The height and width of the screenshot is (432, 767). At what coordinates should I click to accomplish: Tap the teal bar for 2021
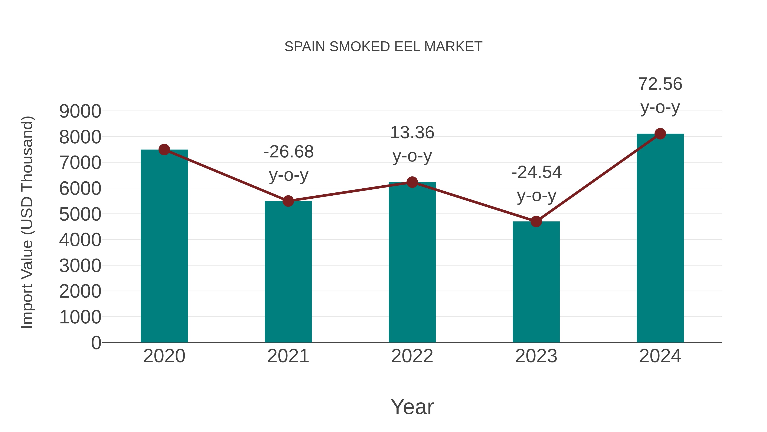click(x=288, y=271)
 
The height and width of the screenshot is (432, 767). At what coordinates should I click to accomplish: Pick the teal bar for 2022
click(x=412, y=262)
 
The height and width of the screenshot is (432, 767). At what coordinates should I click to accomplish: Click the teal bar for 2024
click(x=660, y=239)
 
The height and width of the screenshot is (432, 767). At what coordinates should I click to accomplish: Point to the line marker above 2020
click(x=164, y=150)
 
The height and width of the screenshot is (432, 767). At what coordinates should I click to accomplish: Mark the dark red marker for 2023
click(x=536, y=221)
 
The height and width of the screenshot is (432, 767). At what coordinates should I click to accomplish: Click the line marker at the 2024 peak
click(x=660, y=134)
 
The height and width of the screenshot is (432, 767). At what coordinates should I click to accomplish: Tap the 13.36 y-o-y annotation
click(x=412, y=144)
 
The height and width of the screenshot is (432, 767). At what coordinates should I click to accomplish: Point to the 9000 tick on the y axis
click(x=80, y=112)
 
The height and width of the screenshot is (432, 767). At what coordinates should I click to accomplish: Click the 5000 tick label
click(x=80, y=214)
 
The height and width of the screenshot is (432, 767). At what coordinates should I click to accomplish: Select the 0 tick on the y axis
click(x=96, y=343)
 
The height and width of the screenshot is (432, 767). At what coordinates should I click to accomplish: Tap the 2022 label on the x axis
click(x=412, y=356)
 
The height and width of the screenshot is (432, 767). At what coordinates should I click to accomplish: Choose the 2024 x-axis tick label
click(x=660, y=356)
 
